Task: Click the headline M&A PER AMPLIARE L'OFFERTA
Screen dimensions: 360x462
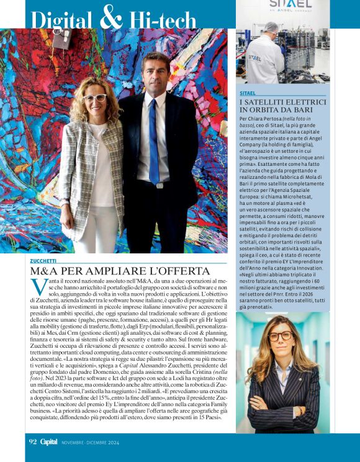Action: pyautogui.click(x=120, y=271)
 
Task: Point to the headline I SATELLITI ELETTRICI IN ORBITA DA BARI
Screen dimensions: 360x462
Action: pyautogui.click(x=282, y=106)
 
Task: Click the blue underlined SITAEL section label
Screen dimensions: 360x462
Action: pyautogui.click(x=248, y=93)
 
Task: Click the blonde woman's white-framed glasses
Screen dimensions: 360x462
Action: pyautogui.click(x=95, y=98)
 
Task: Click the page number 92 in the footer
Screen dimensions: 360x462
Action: pyautogui.click(x=34, y=442)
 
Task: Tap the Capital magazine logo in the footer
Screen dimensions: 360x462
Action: pyautogui.click(x=49, y=442)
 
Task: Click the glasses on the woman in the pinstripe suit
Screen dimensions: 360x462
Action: pyautogui.click(x=280, y=336)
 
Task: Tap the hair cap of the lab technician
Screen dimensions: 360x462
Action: pyautogui.click(x=271, y=27)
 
